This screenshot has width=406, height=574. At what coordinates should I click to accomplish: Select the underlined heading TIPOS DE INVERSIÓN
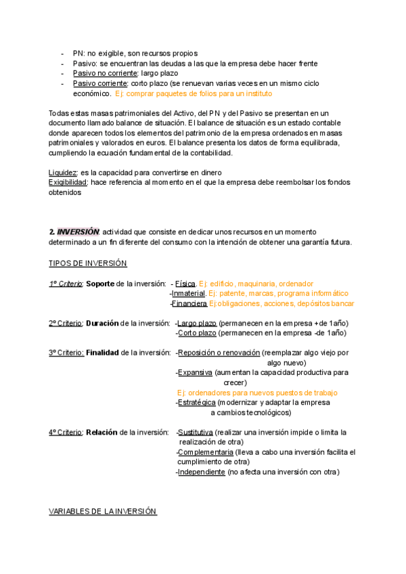(x=87, y=263)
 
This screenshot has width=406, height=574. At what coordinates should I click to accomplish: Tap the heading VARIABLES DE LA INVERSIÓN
(x=102, y=511)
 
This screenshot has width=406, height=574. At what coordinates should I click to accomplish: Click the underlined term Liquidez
(x=63, y=173)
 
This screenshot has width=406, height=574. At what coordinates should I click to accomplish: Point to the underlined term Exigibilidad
(x=68, y=183)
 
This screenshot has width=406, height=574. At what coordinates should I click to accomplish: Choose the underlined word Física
(x=185, y=283)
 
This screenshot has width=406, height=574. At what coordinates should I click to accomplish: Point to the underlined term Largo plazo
(x=198, y=323)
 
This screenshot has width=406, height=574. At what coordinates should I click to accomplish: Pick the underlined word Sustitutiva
(x=196, y=432)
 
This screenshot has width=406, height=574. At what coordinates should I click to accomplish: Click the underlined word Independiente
(x=201, y=472)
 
